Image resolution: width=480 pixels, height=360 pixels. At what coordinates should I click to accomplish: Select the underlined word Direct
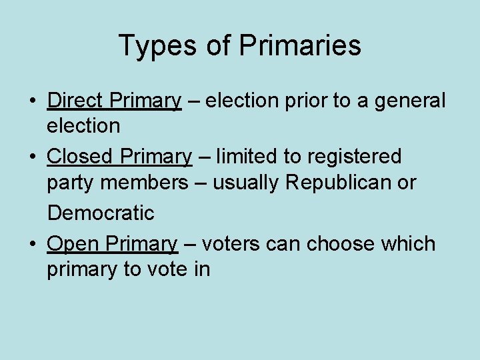pos(75,101)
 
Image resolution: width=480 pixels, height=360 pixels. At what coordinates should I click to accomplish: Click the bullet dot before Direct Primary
pos(32,102)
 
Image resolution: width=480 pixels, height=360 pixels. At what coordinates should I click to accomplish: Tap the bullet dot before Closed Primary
pos(32,158)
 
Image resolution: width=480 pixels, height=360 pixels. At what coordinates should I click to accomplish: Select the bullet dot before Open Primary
pos(32,245)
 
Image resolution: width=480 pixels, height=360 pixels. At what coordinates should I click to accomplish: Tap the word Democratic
pos(101,213)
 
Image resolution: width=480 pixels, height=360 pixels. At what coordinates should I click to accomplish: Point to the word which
pos(408,244)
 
